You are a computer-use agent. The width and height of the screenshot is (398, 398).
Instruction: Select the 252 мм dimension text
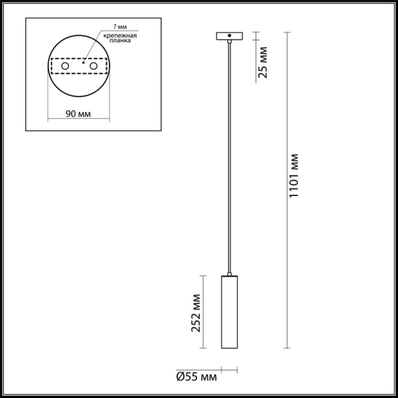click(196, 312)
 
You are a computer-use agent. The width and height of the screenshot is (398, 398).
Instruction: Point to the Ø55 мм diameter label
click(196, 377)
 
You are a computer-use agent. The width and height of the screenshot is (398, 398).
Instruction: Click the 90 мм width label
click(78, 114)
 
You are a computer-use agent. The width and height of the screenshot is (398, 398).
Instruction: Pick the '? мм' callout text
click(120, 27)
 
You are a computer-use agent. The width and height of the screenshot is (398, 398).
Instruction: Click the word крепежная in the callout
click(120, 35)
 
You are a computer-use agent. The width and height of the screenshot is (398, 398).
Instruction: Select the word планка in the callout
click(120, 41)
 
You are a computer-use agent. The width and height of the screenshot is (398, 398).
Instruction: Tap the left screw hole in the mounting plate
click(65, 66)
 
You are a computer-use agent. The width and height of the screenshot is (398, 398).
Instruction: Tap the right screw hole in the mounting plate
click(93, 66)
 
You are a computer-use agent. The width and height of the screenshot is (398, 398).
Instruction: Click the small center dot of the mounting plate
click(83, 62)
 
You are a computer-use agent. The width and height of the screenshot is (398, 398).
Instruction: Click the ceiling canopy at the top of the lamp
click(229, 36)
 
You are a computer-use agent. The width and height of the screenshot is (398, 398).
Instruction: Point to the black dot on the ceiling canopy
click(229, 35)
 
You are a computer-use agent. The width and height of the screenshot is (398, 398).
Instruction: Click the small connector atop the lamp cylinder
click(229, 274)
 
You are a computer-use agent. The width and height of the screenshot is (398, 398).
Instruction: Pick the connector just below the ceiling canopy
click(229, 41)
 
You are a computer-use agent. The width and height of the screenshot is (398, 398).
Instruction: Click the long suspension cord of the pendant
click(229, 155)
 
